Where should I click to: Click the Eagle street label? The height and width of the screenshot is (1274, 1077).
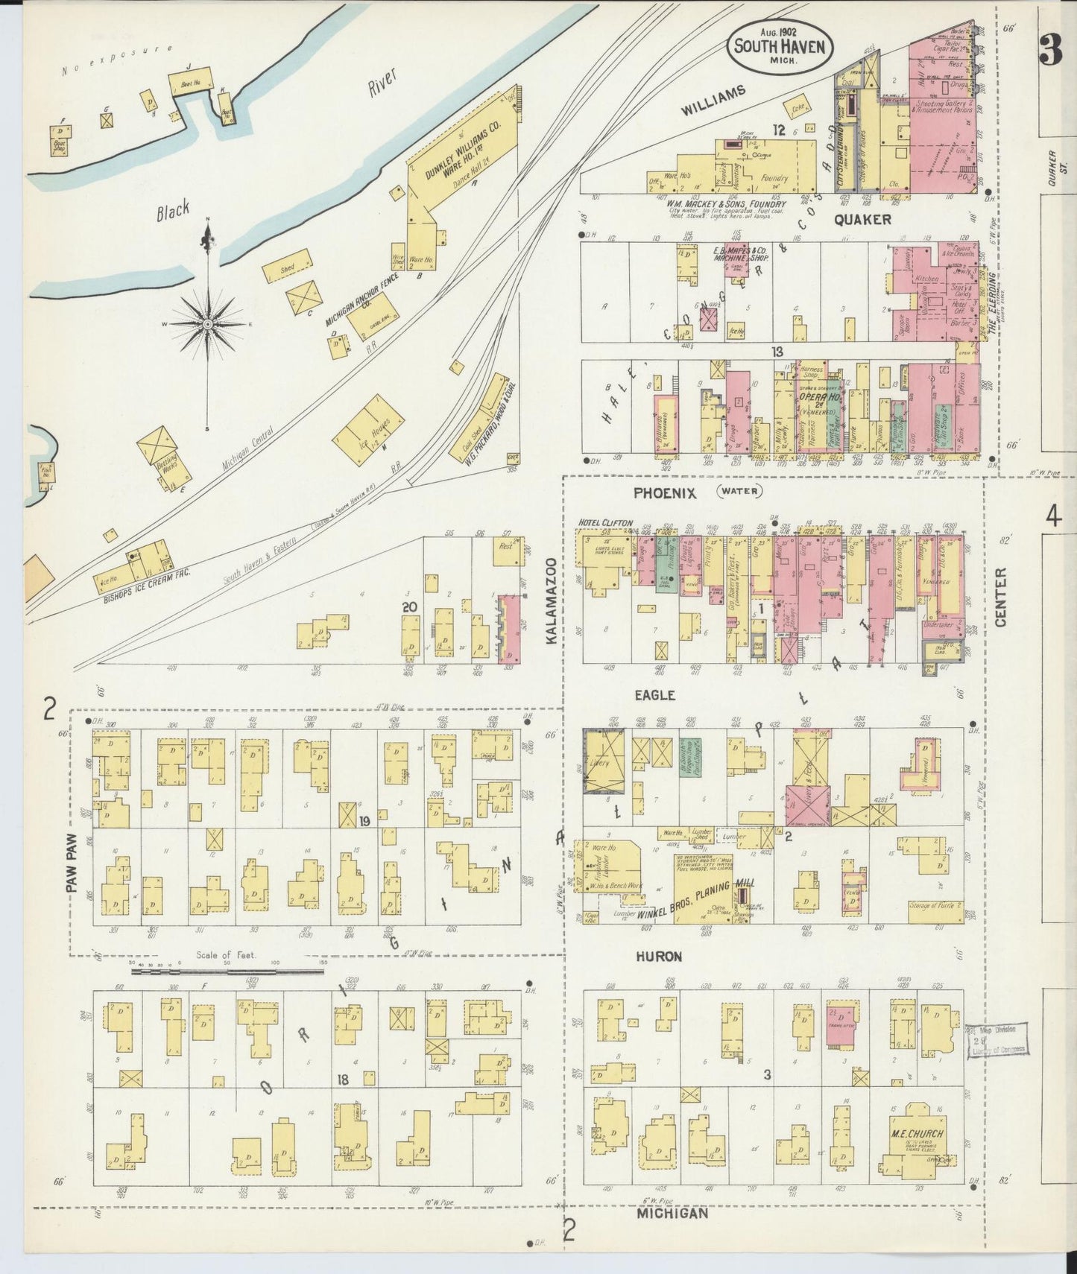click(654, 694)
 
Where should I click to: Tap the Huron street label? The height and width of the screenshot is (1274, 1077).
click(658, 956)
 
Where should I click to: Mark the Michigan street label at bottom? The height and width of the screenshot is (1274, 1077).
click(672, 1214)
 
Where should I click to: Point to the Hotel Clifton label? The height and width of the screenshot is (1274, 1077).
click(605, 523)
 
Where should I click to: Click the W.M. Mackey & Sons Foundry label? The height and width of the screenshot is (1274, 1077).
click(725, 203)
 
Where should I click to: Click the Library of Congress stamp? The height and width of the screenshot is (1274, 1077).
click(997, 1040)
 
